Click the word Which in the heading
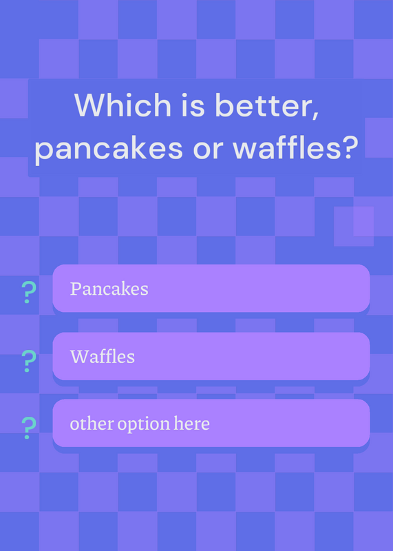[123, 105]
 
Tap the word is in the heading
[193, 105]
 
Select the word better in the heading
[263, 105]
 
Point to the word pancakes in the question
[109, 149]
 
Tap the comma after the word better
[315, 116]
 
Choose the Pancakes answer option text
[109, 289]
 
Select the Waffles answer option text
[102, 356]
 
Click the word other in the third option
[92, 424]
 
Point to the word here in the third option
[192, 424]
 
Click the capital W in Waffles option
[78, 356]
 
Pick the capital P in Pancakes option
[76, 289]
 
